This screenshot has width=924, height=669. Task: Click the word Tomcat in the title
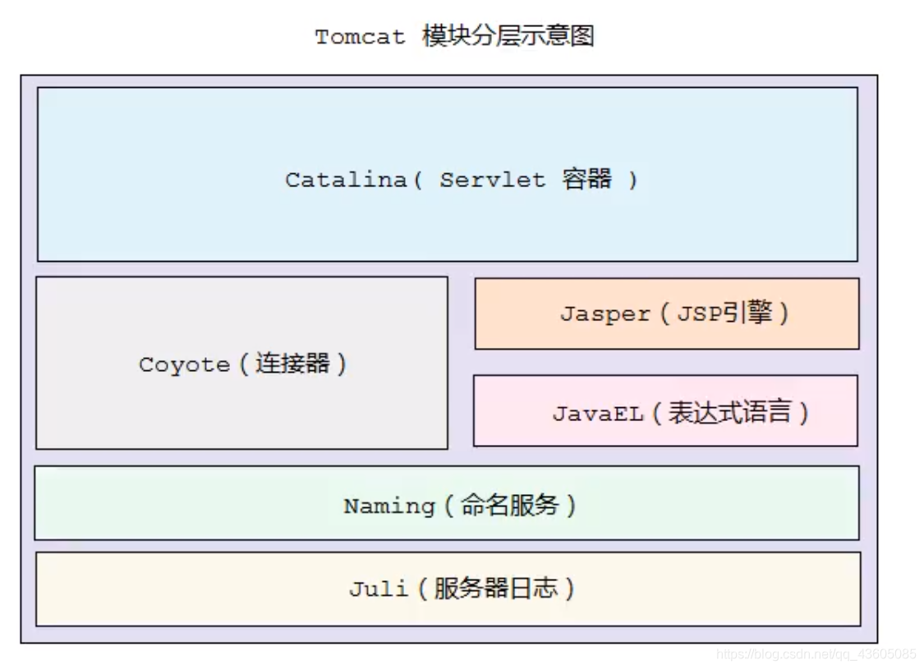[360, 37]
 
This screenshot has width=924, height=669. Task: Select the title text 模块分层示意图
[508, 37]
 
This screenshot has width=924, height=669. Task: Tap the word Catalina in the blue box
[346, 180]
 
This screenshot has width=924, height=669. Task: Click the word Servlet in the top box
[491, 180]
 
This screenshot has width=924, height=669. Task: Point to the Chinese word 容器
[587, 179]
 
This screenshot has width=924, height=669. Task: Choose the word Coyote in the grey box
[184, 364]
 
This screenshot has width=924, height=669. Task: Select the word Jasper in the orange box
[605, 314]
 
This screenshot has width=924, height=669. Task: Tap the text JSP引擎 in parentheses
[724, 313]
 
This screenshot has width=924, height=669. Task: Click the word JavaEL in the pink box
[597, 413]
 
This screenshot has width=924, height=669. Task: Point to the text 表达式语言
[729, 412]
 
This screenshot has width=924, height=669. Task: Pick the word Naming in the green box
[388, 506]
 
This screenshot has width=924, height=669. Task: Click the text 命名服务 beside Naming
[509, 505]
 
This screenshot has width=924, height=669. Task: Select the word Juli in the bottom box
[378, 589]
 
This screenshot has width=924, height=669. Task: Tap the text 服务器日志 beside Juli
[494, 588]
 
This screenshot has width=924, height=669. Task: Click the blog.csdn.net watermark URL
[815, 654]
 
